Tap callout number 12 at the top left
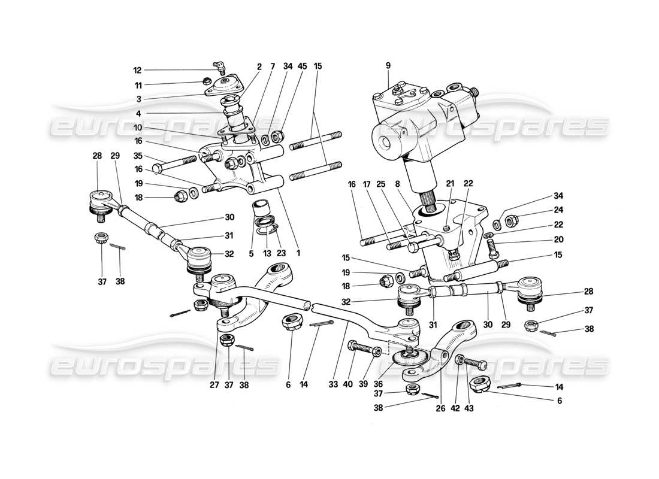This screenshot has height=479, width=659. tap(138, 70)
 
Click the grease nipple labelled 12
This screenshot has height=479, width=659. tap(220, 66)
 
